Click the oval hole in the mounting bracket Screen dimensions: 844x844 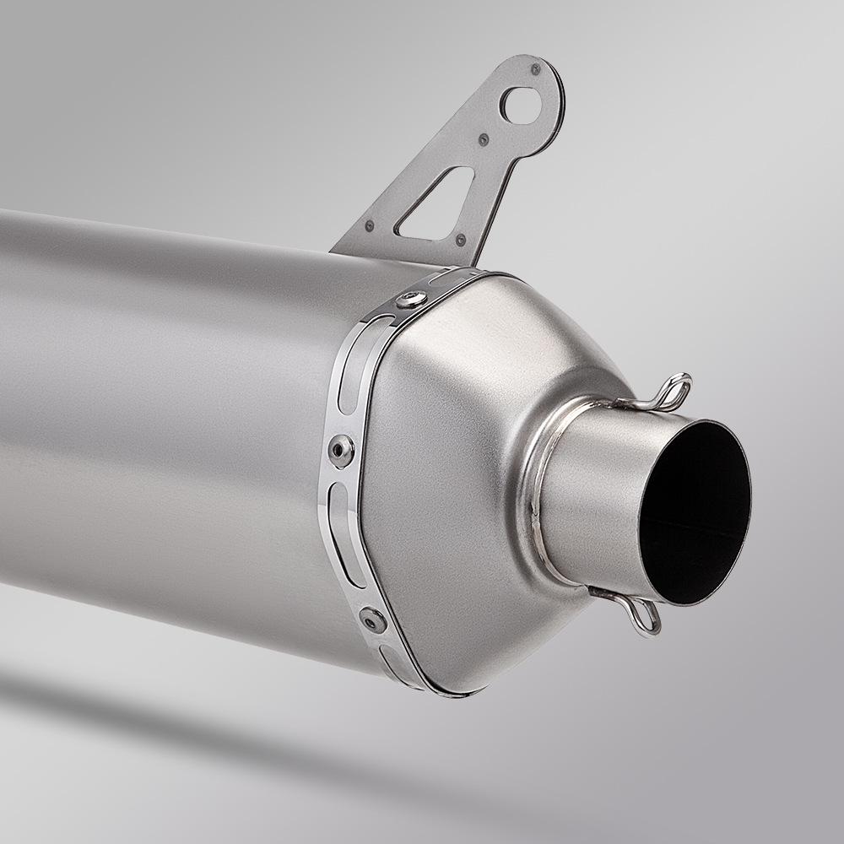tap(522, 104)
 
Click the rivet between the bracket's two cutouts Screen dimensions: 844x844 tap(484, 139)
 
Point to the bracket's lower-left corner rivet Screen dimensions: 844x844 tap(370, 225)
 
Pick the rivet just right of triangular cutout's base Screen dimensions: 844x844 tap(461, 240)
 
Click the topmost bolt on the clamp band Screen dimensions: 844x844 tap(413, 298)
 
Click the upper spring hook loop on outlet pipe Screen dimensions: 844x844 tap(674, 389)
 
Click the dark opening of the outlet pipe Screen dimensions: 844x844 tap(696, 511)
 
